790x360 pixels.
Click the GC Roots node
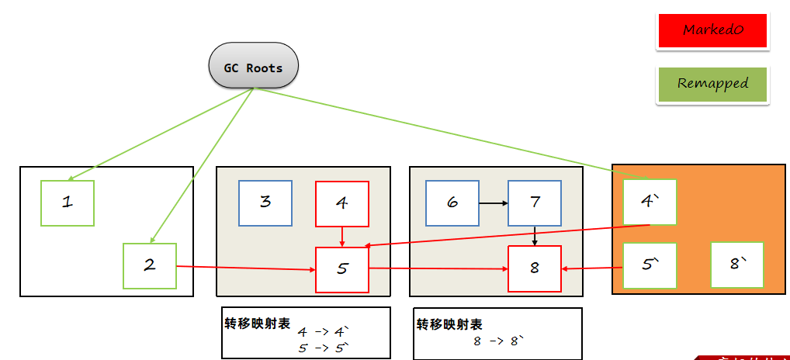tap(253, 67)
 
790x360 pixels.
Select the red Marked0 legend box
tap(712, 31)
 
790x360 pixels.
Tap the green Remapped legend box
tap(712, 84)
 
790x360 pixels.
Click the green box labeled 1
tap(68, 202)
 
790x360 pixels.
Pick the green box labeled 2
tap(150, 265)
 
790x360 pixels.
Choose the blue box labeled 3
tap(265, 202)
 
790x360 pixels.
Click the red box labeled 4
tap(341, 203)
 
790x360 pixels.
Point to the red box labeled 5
tap(342, 269)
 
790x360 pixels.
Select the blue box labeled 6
tap(452, 203)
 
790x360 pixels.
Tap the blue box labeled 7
tap(535, 203)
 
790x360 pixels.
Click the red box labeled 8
tap(535, 268)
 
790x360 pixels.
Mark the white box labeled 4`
tap(650, 202)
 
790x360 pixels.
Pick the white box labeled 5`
tap(650, 265)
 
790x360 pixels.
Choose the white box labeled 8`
tap(737, 265)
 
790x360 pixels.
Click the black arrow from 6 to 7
tap(494, 203)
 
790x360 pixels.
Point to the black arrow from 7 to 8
tap(535, 235)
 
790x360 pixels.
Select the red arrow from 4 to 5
tap(342, 237)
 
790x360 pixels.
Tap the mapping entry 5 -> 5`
tap(324, 348)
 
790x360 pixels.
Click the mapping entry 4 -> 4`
tap(324, 331)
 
